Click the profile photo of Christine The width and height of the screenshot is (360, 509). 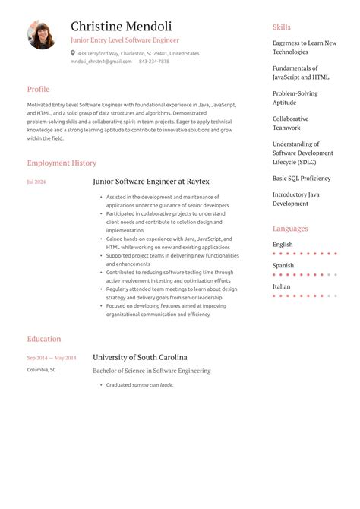[x=41, y=35]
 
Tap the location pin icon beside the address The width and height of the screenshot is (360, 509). [x=73, y=53]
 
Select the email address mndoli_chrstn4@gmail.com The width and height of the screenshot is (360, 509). [x=101, y=62]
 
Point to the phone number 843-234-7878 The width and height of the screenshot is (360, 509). [x=154, y=62]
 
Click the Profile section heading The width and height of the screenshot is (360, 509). [x=38, y=89]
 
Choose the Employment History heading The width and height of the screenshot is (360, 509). [x=62, y=163]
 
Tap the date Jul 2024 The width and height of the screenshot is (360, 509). [x=36, y=182]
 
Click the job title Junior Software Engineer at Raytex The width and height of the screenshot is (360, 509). [x=150, y=182]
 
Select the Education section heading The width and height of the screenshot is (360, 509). [x=44, y=339]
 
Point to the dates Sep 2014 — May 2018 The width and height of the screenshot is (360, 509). [x=52, y=358]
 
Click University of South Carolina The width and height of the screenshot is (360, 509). [x=140, y=357]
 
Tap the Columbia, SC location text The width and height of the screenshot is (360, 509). [x=41, y=370]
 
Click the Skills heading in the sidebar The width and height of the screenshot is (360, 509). [x=281, y=27]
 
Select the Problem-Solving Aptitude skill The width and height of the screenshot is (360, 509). [x=295, y=98]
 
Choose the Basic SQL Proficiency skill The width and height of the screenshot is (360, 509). [x=302, y=179]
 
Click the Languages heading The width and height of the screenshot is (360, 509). [x=290, y=229]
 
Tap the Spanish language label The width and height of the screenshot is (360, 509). [x=283, y=266]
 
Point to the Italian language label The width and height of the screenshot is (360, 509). [x=281, y=287]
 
